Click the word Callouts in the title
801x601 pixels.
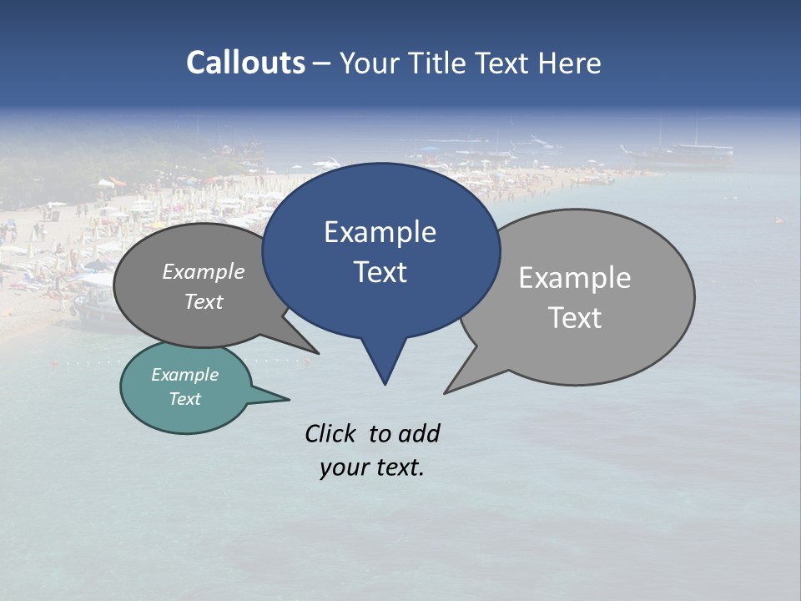tap(245, 63)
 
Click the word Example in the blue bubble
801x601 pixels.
tap(380, 232)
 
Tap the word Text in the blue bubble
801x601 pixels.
tap(380, 272)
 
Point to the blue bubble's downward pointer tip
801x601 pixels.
tap(385, 383)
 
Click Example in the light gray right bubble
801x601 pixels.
tap(574, 278)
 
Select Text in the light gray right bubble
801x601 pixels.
tap(575, 318)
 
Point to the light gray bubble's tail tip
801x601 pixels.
tap(446, 392)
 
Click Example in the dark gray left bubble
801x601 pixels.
tap(204, 271)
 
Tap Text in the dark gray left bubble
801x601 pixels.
tap(204, 301)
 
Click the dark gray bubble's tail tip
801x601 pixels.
tap(317, 352)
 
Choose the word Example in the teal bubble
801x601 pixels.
tap(184, 375)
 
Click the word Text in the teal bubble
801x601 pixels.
tap(184, 399)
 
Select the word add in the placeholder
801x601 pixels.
tap(419, 433)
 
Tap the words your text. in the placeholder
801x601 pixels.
tap(372, 467)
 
